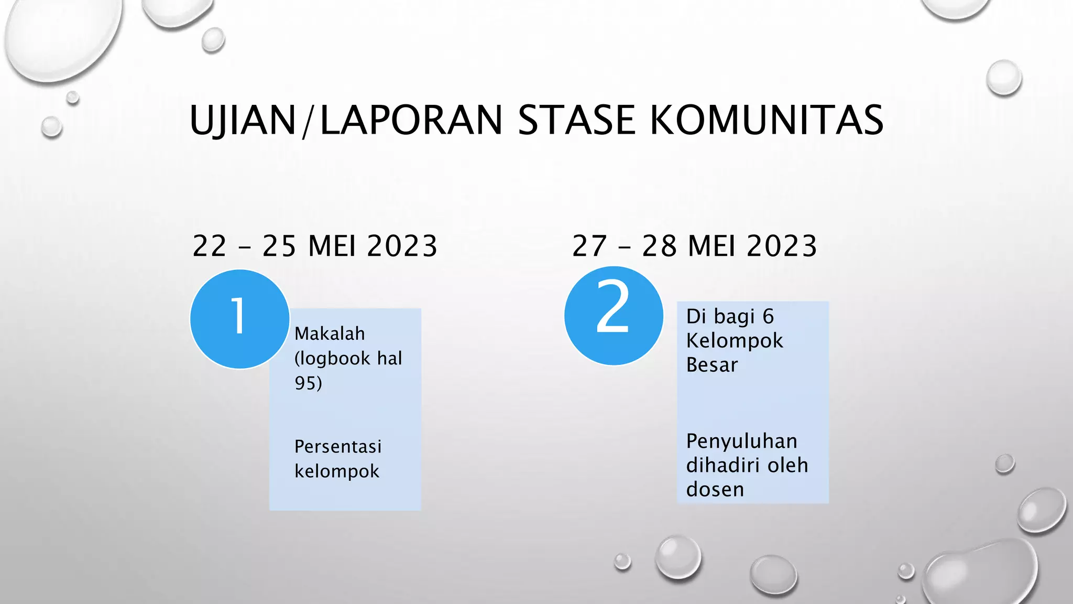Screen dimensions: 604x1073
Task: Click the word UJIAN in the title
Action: (243, 120)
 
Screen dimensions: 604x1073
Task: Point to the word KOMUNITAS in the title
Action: (767, 120)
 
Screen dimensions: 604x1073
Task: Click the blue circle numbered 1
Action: (239, 319)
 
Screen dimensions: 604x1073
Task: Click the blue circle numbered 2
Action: (614, 316)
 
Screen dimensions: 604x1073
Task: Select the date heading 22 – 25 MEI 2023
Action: (315, 246)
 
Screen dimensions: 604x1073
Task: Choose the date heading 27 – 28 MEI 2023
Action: (694, 246)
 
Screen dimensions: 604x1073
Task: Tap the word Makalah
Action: (330, 333)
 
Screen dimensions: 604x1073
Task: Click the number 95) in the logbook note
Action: (308, 383)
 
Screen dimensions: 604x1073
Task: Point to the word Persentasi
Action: (338, 447)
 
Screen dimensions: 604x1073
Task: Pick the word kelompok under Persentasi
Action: (336, 471)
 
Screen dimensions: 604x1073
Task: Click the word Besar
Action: (712, 365)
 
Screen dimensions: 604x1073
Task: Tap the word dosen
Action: (715, 490)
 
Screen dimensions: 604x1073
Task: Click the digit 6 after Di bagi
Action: (768, 317)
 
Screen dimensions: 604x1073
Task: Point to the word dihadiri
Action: (722, 465)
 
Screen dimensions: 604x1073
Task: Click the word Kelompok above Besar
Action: (735, 341)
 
